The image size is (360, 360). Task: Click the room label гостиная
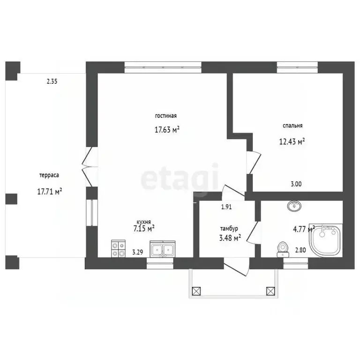pos(166,116)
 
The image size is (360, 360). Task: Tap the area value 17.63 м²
pos(167,130)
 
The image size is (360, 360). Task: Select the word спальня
pos(292,126)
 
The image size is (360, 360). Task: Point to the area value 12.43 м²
pos(292,142)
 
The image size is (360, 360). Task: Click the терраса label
pos(49,175)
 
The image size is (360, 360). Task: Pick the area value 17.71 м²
pos(50,191)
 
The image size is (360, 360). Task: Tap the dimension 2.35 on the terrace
pos(52,81)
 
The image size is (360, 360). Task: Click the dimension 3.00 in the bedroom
pos(296,184)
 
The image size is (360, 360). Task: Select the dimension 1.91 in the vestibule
pos(226,207)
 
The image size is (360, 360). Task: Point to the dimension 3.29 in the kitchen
pos(137,252)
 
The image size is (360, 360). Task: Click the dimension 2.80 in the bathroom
pos(300,250)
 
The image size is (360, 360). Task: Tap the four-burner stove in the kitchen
pos(119,248)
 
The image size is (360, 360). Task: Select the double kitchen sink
pos(163,249)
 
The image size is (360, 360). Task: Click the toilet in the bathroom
pos(283,249)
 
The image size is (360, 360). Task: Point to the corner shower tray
pos(326,240)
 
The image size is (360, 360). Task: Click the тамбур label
pos(229,229)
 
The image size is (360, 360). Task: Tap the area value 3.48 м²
pos(230,238)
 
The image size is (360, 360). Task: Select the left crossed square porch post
pos(196,291)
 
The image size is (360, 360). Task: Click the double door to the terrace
pos(90,167)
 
